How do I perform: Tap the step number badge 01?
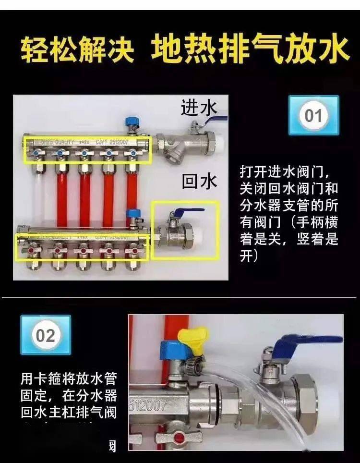pyautogui.click(x=313, y=115)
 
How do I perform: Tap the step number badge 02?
pyautogui.click(x=45, y=335)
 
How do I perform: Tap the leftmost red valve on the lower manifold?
pyautogui.click(x=33, y=250)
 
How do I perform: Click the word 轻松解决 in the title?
pyautogui.click(x=77, y=50)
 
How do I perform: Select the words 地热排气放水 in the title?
pyautogui.click(x=250, y=50)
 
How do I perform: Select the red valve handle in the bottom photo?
pyautogui.click(x=181, y=438)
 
